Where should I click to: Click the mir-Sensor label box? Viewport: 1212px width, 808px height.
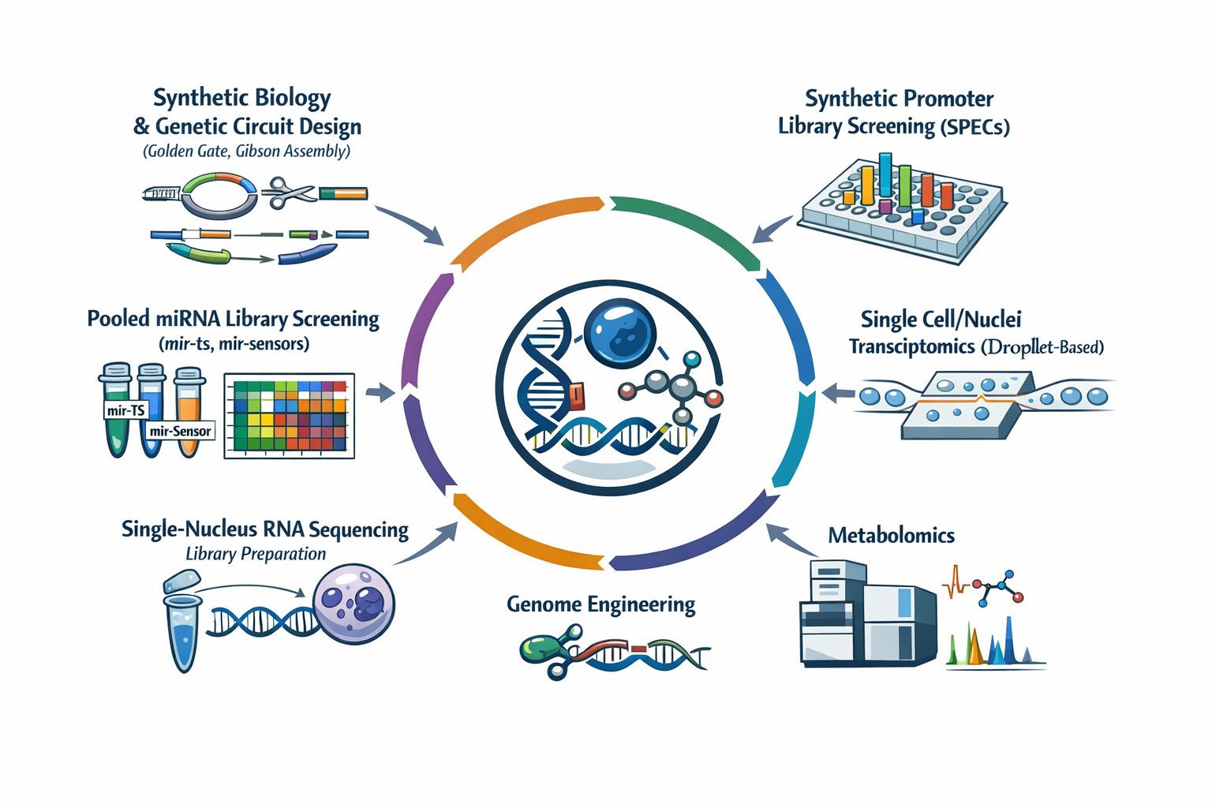coord(180,431)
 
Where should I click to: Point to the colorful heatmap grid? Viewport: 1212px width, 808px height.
coord(290,416)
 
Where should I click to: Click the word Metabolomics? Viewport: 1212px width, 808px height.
coord(891,535)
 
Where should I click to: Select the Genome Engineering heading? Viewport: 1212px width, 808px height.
coord(600,604)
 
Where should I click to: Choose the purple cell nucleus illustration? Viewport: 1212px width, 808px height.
coord(353,603)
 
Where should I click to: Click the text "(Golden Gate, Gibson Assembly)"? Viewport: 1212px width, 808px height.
coord(247,151)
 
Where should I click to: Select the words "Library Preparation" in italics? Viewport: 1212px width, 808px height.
coord(256,554)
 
